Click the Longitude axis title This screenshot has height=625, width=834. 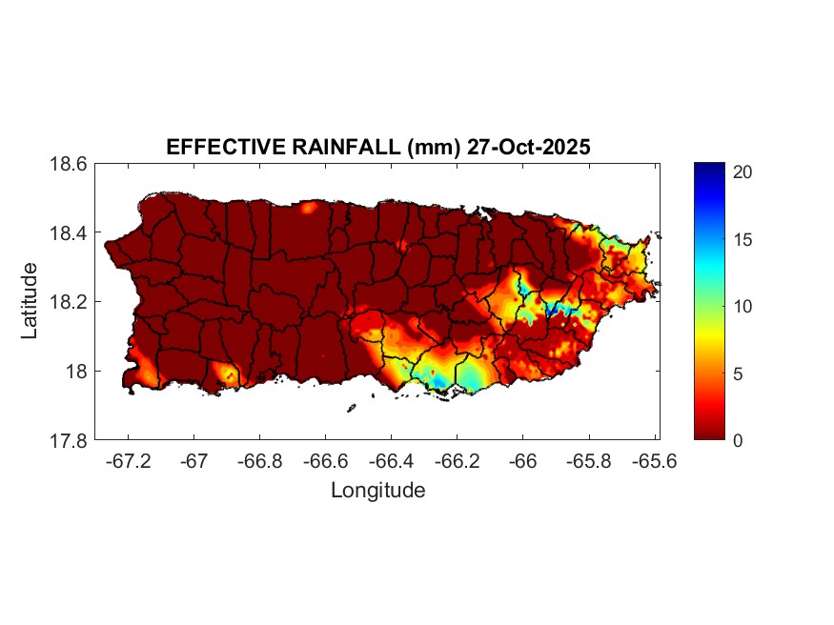point(377,491)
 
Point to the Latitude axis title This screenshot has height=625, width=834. point(30,301)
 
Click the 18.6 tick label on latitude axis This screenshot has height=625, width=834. point(69,164)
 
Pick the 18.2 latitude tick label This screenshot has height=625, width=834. point(69,302)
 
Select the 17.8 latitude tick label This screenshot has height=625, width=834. point(69,440)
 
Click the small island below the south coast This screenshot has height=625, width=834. point(351,409)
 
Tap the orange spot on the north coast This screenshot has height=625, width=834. point(309,207)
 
